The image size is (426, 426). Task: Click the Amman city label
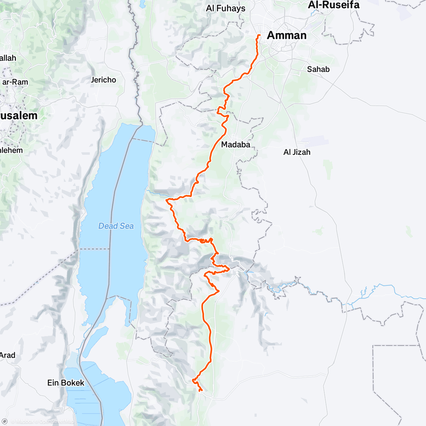tap(286, 35)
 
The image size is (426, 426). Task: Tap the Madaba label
tap(235, 144)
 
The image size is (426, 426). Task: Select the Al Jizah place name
tap(297, 152)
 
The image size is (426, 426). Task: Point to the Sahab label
tap(318, 69)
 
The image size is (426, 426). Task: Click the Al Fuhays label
tap(225, 8)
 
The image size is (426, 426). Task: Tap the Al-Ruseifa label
tap(334, 5)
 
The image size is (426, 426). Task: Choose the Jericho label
tap(103, 80)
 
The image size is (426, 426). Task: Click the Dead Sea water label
tap(116, 226)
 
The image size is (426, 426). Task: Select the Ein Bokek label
tap(66, 383)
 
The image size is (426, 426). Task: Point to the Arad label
tap(7, 355)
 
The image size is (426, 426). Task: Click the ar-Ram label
tap(15, 82)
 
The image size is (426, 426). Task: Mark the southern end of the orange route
tap(201, 391)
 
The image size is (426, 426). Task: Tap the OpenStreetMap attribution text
tap(57, 422)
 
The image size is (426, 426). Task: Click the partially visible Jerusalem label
tap(18, 116)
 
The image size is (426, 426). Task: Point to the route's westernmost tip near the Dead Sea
tap(166, 200)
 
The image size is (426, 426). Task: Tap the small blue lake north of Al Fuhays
tap(142, 4)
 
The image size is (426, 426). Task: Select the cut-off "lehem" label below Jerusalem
tap(11, 151)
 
